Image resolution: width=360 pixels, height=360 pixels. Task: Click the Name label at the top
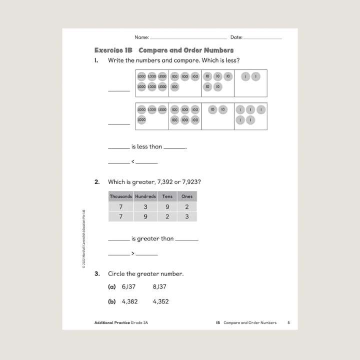point(141,37)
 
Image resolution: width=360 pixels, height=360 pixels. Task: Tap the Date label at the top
point(236,37)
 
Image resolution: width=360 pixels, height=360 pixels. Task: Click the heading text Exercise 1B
point(113,50)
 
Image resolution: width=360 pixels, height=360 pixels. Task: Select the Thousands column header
point(121,196)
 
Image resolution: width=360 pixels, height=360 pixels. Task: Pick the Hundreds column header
point(145,196)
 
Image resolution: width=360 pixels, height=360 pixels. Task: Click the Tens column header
point(167,196)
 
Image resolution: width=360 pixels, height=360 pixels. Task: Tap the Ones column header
point(186,196)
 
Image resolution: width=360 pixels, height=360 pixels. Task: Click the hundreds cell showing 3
point(145,206)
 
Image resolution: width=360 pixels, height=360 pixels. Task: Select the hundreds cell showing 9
point(145,216)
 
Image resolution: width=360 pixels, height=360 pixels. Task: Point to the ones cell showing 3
point(186,216)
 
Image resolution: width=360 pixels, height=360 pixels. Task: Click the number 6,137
point(129,287)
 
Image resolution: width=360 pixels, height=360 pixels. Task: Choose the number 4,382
point(129,301)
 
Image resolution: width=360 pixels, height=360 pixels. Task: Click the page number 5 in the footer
point(288,323)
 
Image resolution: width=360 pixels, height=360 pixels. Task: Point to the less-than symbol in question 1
point(132,161)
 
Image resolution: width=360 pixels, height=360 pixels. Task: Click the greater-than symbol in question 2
point(132,253)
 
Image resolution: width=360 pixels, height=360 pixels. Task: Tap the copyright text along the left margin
point(84,240)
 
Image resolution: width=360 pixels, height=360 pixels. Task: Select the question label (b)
point(112,301)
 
